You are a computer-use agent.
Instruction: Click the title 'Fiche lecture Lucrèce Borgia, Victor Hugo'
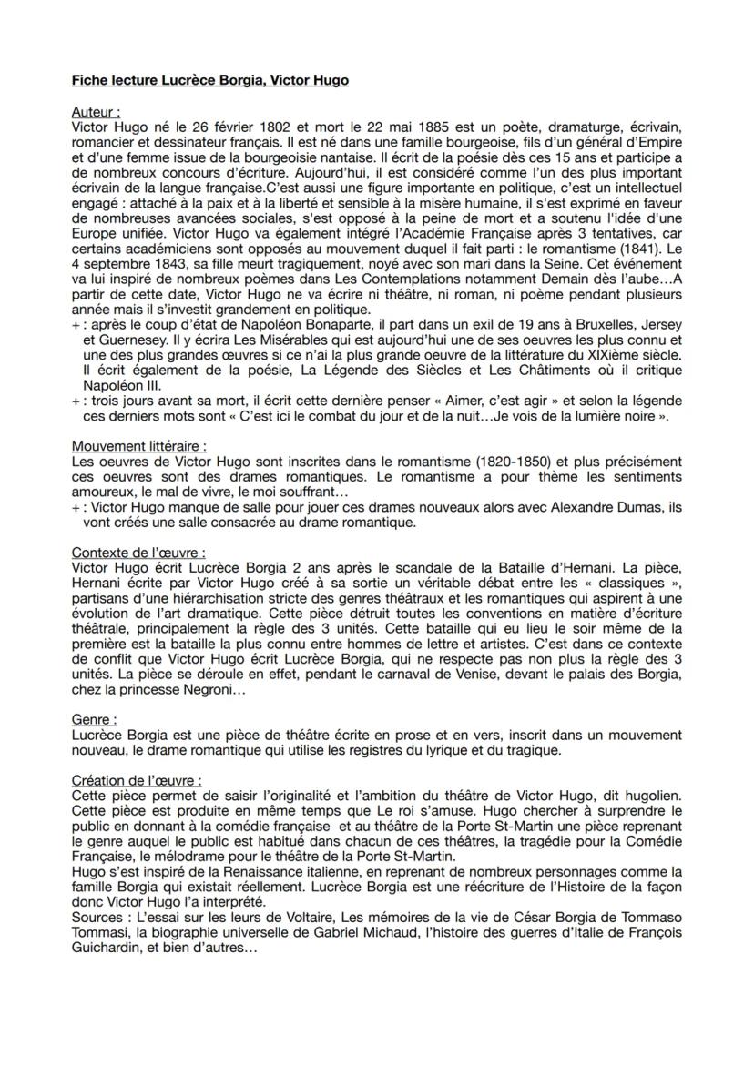tap(209, 81)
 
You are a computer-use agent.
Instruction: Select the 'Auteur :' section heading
tap(97, 112)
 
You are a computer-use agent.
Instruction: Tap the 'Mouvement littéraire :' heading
tap(139, 446)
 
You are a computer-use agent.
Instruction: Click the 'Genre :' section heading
tap(94, 720)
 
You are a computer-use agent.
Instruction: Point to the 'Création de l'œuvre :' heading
tap(137, 780)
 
